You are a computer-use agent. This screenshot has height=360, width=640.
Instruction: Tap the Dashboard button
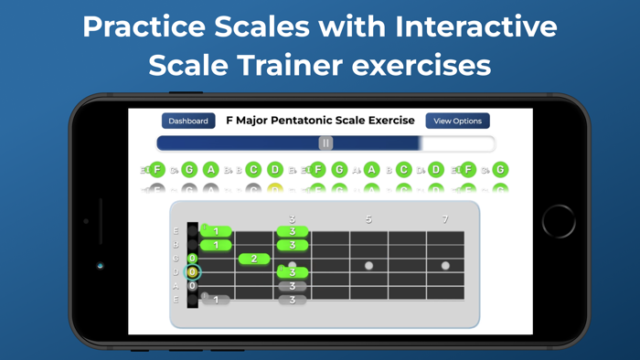[188, 121]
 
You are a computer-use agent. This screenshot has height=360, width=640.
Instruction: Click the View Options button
[457, 121]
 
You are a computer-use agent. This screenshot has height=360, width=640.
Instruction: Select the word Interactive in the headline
[476, 26]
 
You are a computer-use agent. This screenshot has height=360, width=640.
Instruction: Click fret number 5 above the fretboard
[368, 219]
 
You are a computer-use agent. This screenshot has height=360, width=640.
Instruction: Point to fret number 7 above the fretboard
[445, 219]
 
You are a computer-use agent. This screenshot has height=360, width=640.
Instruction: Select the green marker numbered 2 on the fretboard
[254, 259]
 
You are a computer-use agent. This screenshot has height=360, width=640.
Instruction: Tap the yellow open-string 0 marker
[192, 272]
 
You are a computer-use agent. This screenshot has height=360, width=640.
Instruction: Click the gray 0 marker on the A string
[192, 286]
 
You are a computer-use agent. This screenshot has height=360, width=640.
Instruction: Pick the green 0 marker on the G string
[192, 259]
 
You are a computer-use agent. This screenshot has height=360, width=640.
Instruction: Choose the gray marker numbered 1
[216, 300]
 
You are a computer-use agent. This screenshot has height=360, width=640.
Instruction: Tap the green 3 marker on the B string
[293, 245]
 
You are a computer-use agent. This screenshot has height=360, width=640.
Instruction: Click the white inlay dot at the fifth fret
[368, 266]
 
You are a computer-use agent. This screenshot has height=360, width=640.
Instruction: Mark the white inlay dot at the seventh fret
[445, 266]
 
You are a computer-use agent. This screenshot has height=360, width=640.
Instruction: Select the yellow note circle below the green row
[274, 190]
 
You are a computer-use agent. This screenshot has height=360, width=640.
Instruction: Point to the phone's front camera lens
[101, 266]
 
